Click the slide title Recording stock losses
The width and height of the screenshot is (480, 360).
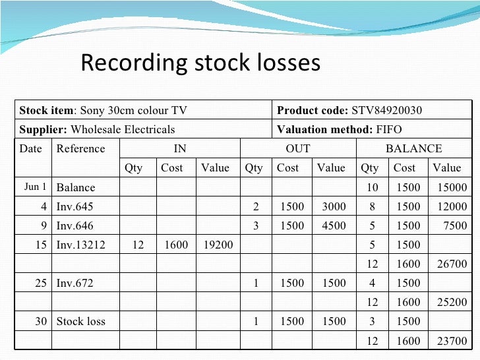(200, 63)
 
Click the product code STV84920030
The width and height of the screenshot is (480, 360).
(386, 110)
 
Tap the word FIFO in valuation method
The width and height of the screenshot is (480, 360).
(388, 129)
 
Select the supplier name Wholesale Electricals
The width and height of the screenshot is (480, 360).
(123, 129)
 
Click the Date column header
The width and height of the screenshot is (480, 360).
(30, 148)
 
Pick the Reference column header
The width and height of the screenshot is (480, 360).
(80, 148)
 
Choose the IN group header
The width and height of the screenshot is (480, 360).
(179, 148)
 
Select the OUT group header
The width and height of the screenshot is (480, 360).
(297, 148)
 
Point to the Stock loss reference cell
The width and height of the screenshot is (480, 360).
(80, 322)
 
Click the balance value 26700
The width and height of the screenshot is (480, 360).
(452, 264)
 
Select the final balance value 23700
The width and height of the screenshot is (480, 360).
(452, 342)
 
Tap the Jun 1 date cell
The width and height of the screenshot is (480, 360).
(35, 187)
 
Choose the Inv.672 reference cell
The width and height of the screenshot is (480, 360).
(75, 284)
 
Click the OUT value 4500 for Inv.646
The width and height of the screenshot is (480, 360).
(334, 225)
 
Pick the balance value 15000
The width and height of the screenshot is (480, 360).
(452, 187)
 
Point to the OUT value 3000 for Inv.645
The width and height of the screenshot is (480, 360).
(334, 206)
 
